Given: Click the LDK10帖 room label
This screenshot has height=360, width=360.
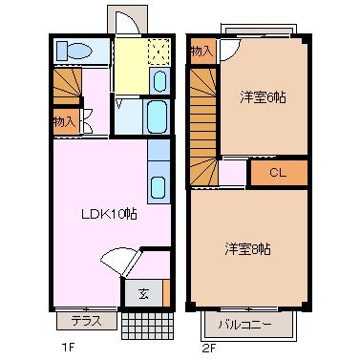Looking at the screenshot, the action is pyautogui.click(x=109, y=214).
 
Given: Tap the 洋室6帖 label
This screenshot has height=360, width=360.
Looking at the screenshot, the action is pyautogui.click(x=263, y=97).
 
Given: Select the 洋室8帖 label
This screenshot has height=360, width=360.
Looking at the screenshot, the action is pyautogui.click(x=248, y=249).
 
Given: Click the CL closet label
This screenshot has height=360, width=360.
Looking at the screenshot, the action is pyautogui.click(x=278, y=173).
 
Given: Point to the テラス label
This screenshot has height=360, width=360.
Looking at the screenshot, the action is pyautogui.click(x=87, y=321).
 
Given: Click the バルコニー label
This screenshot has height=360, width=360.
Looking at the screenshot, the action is pyautogui.click(x=245, y=325).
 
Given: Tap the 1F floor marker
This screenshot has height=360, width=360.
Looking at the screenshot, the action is pyautogui.click(x=68, y=348).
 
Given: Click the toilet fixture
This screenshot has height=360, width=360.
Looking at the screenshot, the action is pyautogui.click(x=74, y=51).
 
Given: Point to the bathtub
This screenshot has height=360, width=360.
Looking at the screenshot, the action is pyautogui.click(x=158, y=117).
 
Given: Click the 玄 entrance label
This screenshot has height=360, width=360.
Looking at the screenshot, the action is pyautogui.click(x=143, y=294).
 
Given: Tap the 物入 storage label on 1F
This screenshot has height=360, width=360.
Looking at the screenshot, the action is pyautogui.click(x=65, y=122).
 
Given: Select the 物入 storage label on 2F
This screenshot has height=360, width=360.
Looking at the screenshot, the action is pyautogui.click(x=201, y=52).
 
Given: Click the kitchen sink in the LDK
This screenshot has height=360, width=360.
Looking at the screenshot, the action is pyautogui.click(x=159, y=187).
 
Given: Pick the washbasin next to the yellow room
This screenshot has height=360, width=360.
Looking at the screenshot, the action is pyautogui.click(x=159, y=81).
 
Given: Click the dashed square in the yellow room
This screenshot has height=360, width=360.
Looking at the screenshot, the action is pyautogui.click(x=159, y=53).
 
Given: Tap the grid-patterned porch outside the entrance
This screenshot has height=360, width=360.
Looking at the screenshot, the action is pyautogui.click(x=148, y=326).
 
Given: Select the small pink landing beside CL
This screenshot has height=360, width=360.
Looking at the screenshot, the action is pyautogui.click(x=233, y=173).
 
